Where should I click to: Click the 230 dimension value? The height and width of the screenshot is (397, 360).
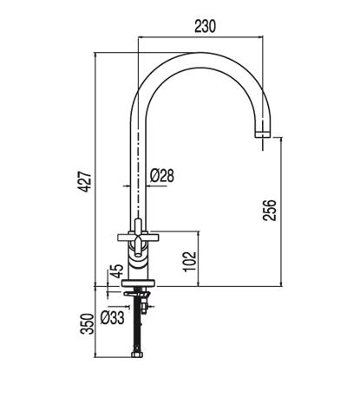coord(205,26)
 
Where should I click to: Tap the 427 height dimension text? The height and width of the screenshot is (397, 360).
coord(86,181)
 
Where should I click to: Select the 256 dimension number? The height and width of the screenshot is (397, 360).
coord(270,210)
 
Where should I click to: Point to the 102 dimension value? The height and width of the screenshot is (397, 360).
coord(190,262)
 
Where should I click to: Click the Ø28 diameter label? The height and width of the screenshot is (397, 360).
coord(162,176)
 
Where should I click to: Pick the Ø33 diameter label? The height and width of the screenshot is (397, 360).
coord(113,317)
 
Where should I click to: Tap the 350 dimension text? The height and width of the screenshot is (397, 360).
coord(87,323)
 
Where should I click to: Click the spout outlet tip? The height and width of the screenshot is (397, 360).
coord(263,134)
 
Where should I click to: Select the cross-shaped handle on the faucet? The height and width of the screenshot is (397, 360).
coord(138,238)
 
